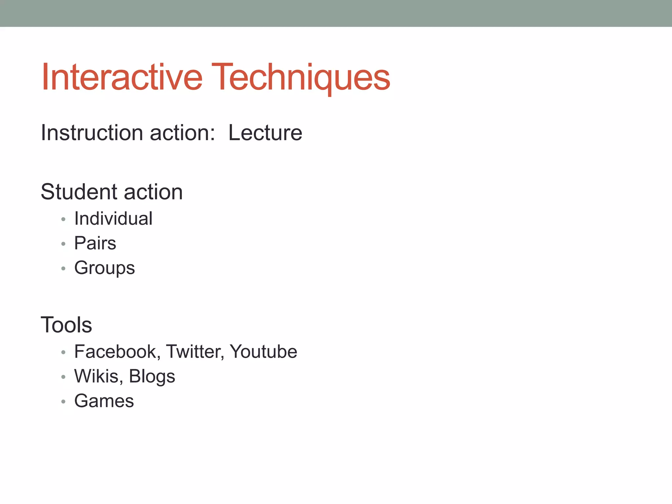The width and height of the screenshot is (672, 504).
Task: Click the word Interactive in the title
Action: [122, 77]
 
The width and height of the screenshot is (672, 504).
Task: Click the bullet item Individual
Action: [113, 219]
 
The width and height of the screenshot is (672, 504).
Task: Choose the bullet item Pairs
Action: [95, 243]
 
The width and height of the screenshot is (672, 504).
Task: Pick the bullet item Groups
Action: [104, 268]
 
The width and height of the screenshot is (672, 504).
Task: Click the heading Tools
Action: [66, 325]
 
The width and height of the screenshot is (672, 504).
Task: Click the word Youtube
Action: [263, 351]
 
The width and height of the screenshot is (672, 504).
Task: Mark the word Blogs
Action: [152, 376]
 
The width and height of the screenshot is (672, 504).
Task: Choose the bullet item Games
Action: [104, 401]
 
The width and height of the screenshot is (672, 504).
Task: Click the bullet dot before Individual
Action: [63, 219]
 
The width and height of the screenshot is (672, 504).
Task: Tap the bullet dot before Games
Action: [63, 401]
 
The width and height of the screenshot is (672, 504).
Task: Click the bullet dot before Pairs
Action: [63, 244]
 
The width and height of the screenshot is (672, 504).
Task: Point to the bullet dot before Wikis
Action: [63, 377]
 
